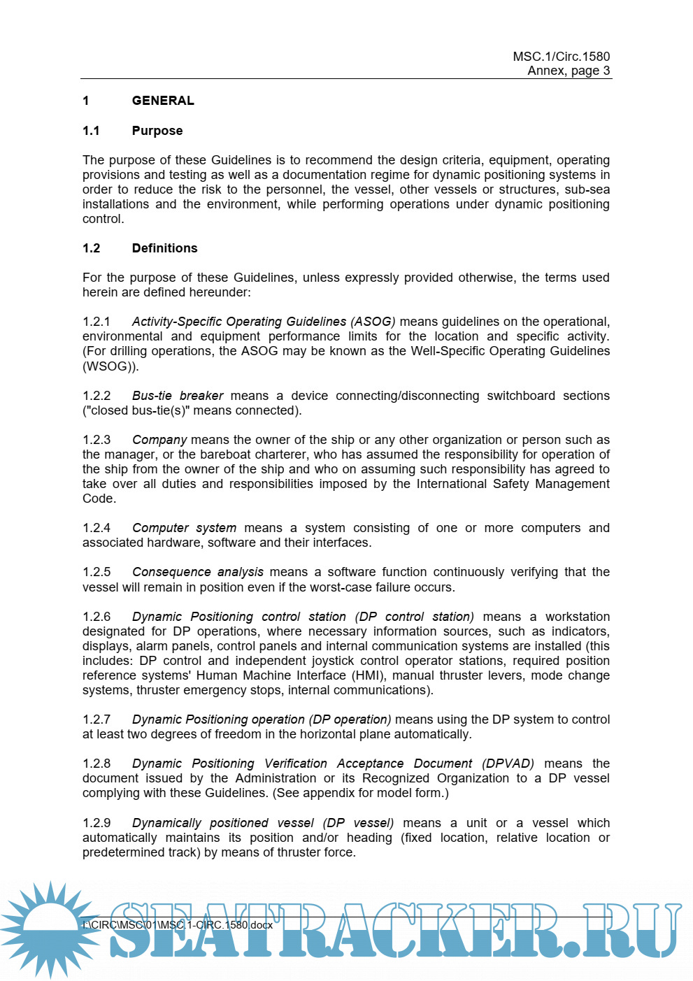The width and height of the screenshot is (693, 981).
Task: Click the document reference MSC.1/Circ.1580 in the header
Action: click(x=561, y=57)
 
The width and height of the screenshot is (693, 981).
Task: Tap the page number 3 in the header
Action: click(x=606, y=71)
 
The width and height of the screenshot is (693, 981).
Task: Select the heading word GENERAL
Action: click(x=163, y=101)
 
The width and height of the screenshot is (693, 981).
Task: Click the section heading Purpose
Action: click(x=157, y=131)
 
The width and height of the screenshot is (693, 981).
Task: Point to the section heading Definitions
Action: click(x=164, y=248)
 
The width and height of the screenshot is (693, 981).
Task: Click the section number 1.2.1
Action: click(x=97, y=322)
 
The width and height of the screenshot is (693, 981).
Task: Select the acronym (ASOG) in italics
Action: click(x=373, y=322)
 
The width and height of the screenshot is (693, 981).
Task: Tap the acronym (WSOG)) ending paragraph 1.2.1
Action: click(x=110, y=366)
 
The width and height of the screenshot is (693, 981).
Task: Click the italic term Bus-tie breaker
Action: click(x=178, y=396)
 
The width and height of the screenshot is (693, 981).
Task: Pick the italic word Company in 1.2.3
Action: click(x=159, y=440)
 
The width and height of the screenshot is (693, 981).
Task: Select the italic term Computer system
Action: click(x=184, y=528)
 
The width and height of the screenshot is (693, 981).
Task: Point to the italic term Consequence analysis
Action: click(x=198, y=572)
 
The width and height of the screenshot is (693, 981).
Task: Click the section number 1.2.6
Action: click(x=97, y=617)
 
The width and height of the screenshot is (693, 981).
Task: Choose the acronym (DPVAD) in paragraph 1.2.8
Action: click(x=508, y=764)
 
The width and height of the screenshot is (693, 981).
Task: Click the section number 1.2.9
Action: click(x=97, y=823)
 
